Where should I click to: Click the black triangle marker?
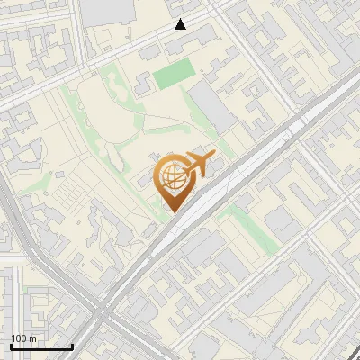pyautogui.click(x=181, y=24)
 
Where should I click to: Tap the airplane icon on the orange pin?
pyautogui.click(x=197, y=165)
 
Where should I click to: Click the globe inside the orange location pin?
pyautogui.click(x=172, y=177)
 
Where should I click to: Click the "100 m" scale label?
pyautogui.click(x=24, y=338)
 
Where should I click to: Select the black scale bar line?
pyautogui.click(x=40, y=346)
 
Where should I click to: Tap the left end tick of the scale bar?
pyautogui.click(x=10, y=345)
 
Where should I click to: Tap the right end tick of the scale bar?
pyautogui.click(x=72, y=345)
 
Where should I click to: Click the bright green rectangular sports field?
pyautogui.click(x=172, y=75)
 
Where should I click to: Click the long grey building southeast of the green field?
pyautogui.click(x=213, y=109)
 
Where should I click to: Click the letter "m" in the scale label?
pyautogui.click(x=32, y=338)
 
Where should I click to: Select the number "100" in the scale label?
pyautogui.click(x=20, y=338)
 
